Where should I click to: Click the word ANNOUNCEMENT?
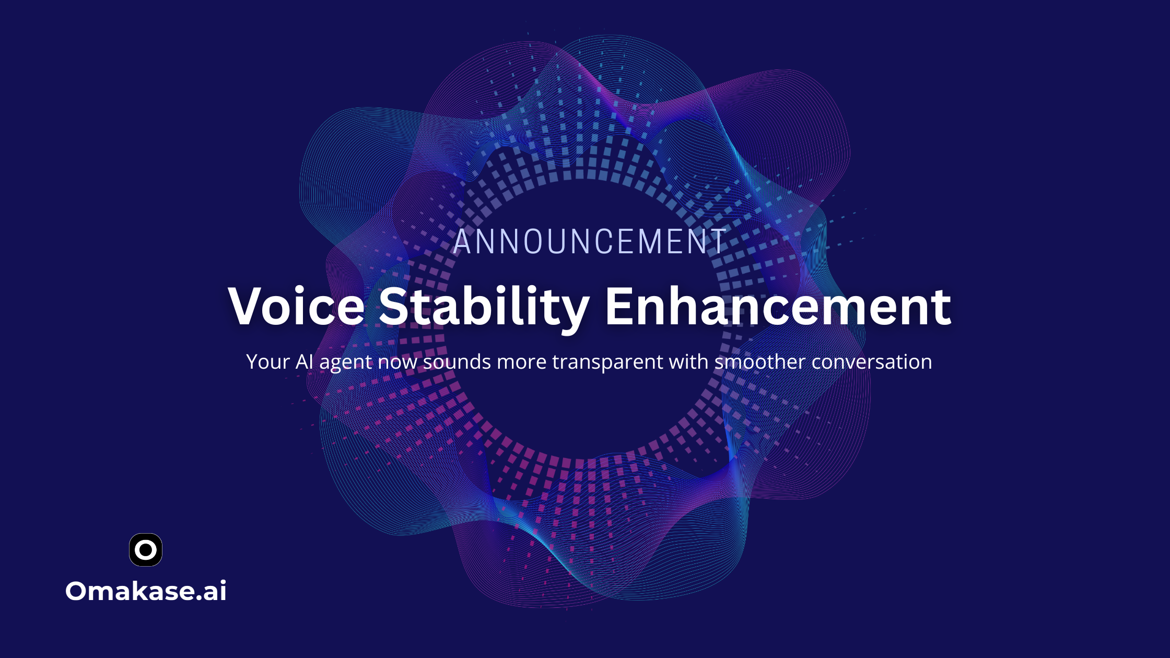click(x=590, y=242)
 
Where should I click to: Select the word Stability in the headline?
click(x=484, y=308)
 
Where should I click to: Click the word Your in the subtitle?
click(x=268, y=361)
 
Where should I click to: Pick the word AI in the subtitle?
click(x=305, y=361)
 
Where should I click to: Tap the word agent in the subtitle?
click(x=346, y=363)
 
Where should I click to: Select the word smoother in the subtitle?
click(x=760, y=361)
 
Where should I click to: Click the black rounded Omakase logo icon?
click(x=146, y=550)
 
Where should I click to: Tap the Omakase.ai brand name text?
click(x=146, y=591)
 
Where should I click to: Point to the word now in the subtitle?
click(x=397, y=362)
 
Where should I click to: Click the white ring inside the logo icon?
click(x=146, y=541)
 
